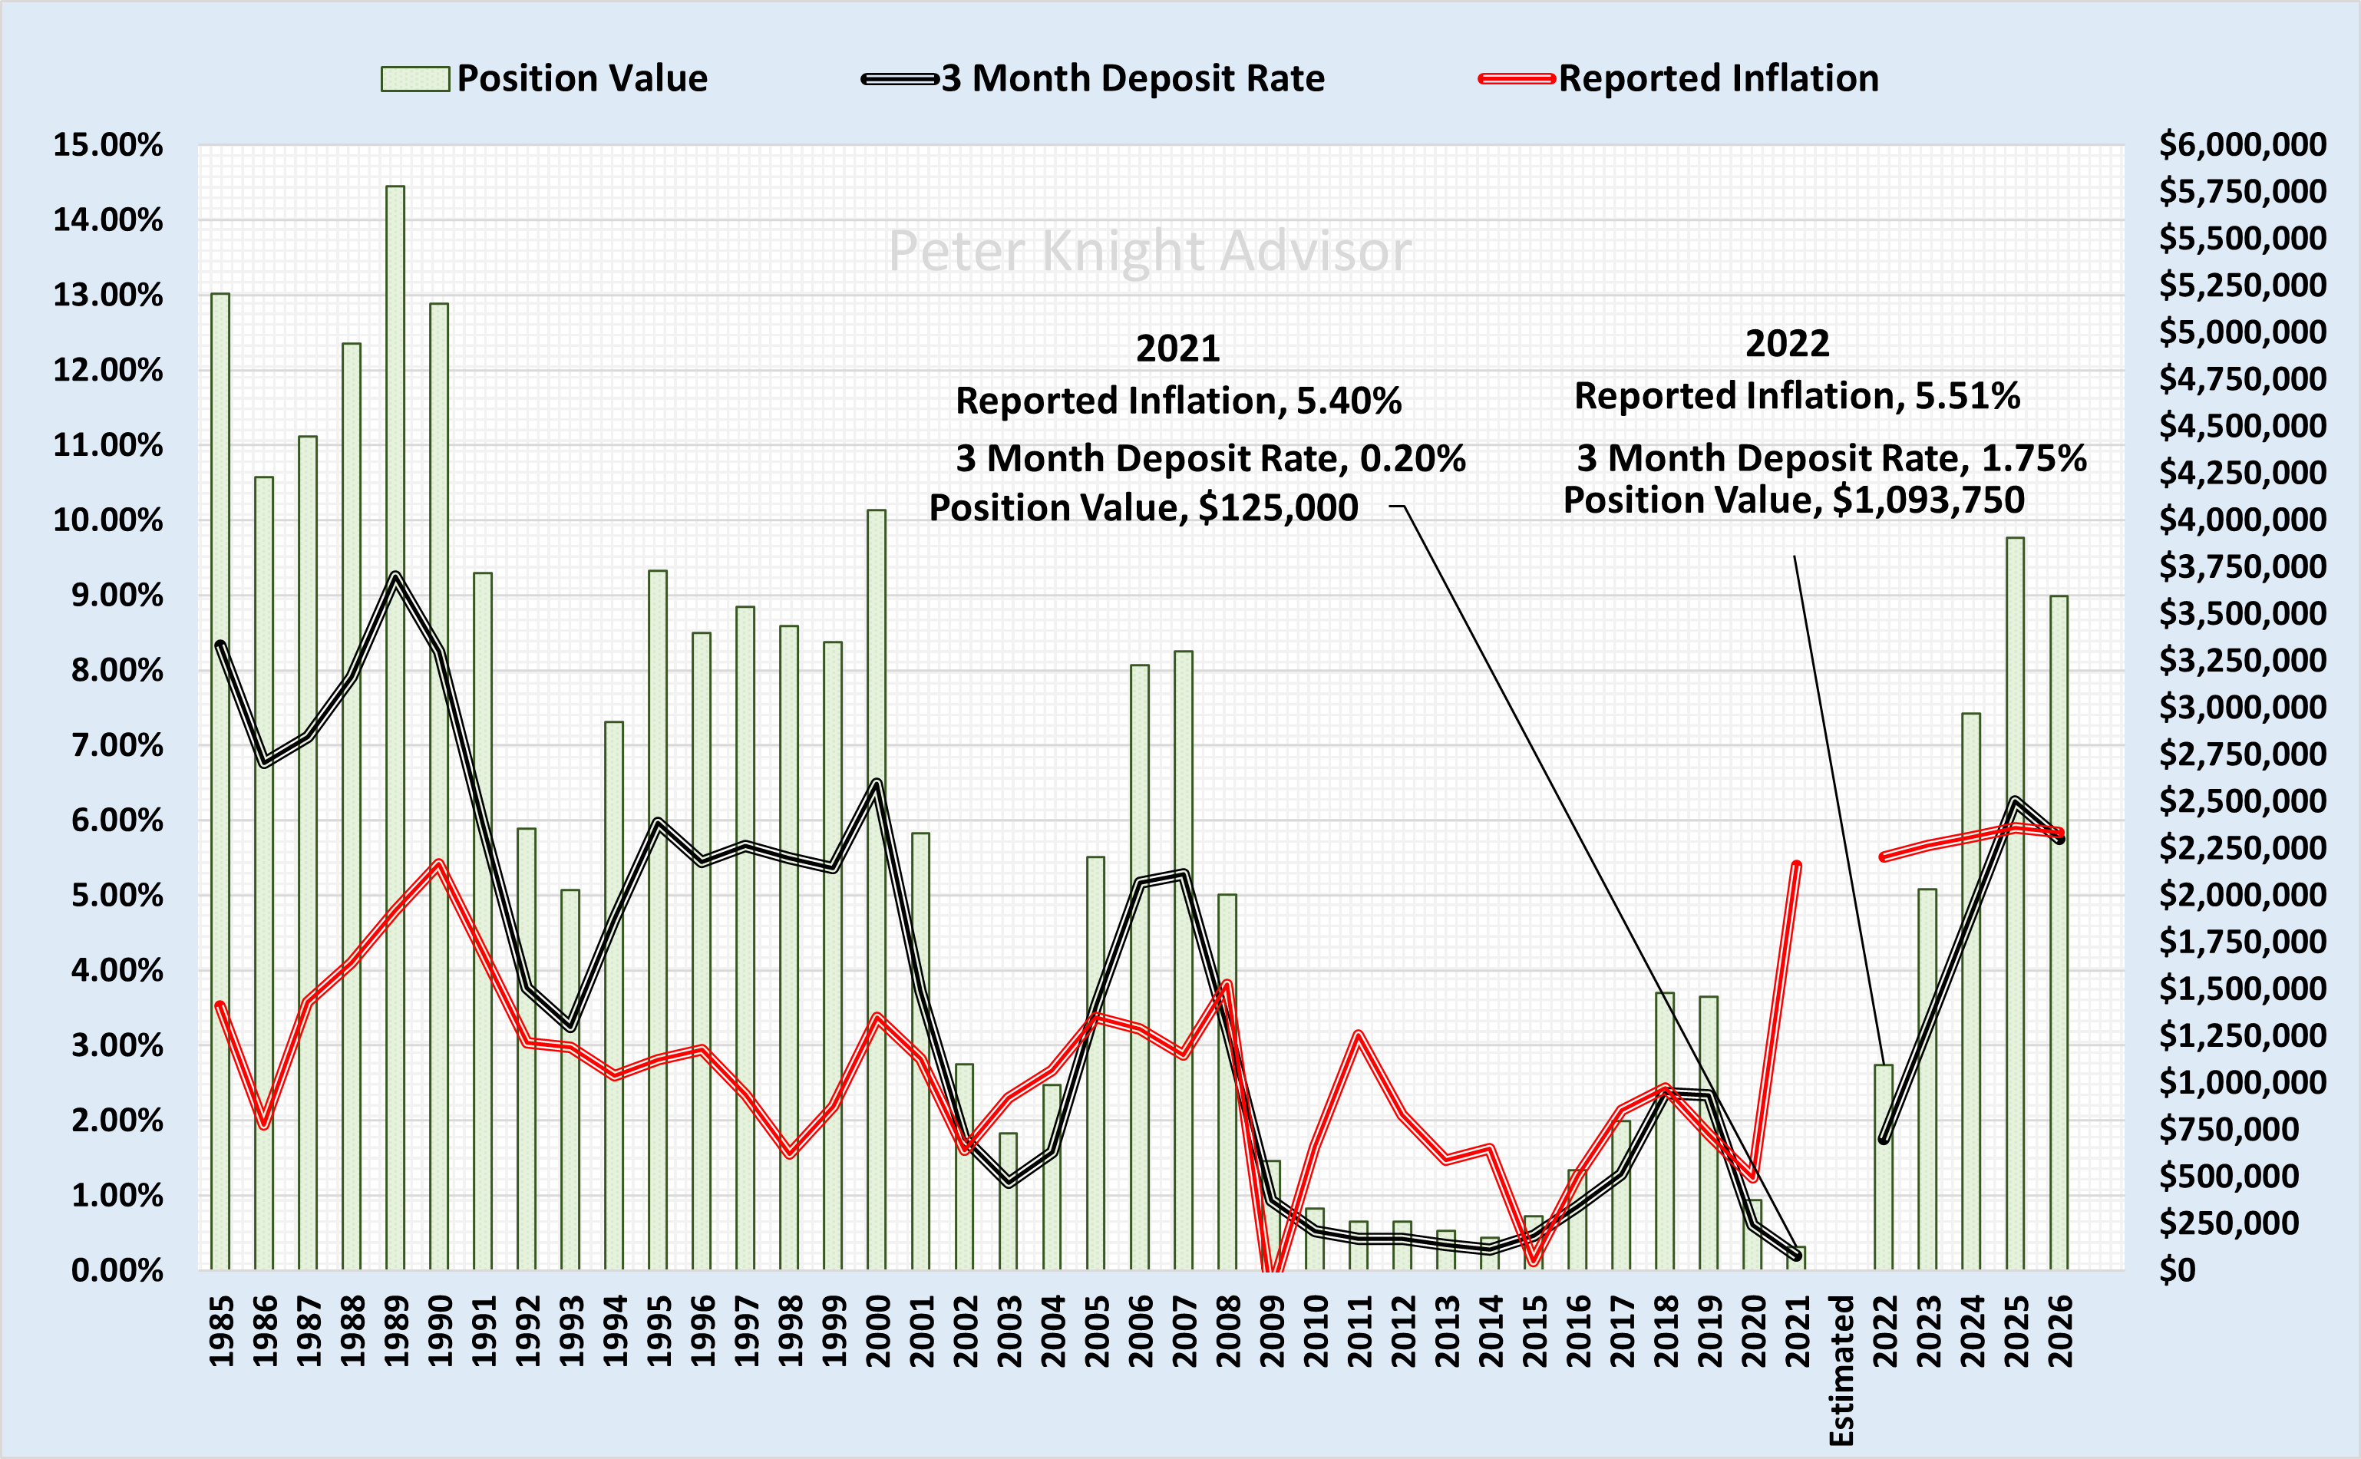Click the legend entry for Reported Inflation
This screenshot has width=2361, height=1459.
[1679, 78]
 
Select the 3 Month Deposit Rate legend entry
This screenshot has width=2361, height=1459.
[1094, 78]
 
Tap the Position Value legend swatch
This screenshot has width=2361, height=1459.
[415, 78]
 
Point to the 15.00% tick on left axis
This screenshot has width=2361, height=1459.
[107, 145]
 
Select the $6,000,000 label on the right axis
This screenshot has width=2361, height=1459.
[2242, 145]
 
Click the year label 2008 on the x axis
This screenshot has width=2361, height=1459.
[1228, 1332]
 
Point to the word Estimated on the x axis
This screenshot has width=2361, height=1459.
[1841, 1370]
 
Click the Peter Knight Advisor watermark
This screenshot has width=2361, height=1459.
[1149, 251]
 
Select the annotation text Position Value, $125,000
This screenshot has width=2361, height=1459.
[1144, 507]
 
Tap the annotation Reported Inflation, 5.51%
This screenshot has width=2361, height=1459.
[1797, 395]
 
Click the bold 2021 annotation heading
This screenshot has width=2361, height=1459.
[1177, 348]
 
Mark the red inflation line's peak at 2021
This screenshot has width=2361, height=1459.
[1795, 865]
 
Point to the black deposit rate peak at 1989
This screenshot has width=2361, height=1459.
[395, 576]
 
